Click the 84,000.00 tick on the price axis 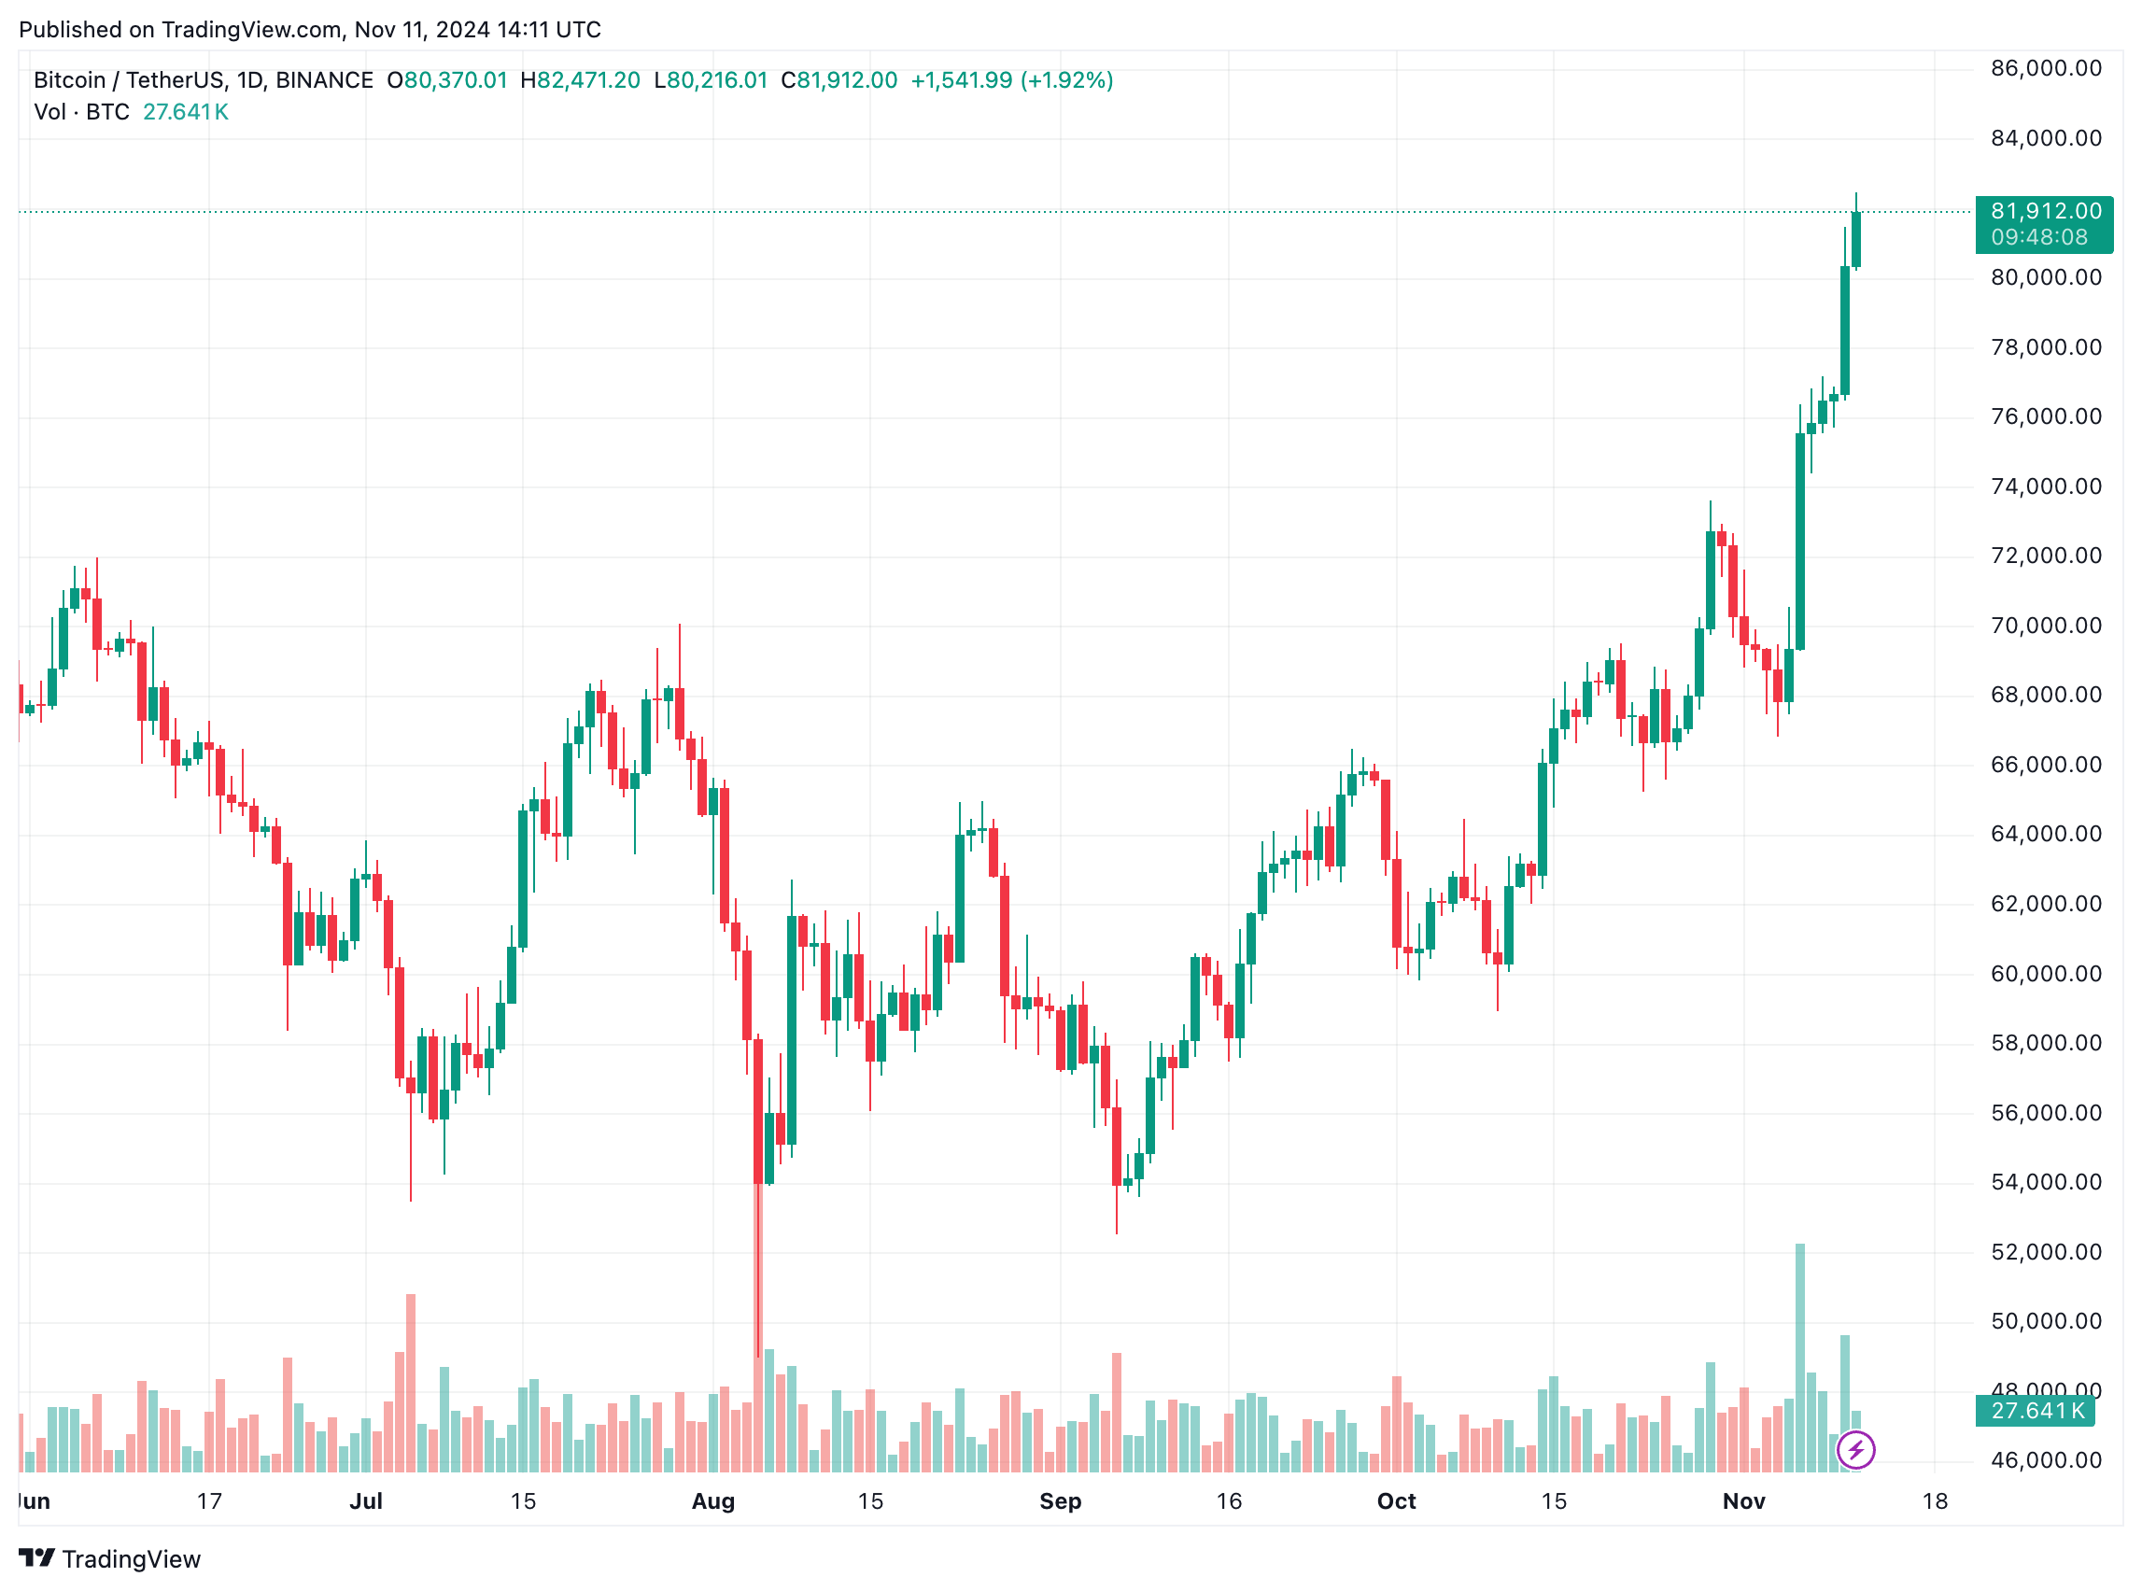pyautogui.click(x=2045, y=139)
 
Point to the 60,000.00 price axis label pyautogui.click(x=2045, y=974)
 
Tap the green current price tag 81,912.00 pyautogui.click(x=2044, y=212)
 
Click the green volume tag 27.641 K pyautogui.click(x=2036, y=1411)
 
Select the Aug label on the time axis pyautogui.click(x=712, y=1501)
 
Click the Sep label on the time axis pyautogui.click(x=1061, y=1501)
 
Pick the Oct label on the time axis pyautogui.click(x=1396, y=1501)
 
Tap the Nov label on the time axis pyautogui.click(x=1743, y=1501)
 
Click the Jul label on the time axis pyautogui.click(x=366, y=1501)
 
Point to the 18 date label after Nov pyautogui.click(x=1934, y=1501)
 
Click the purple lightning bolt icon pyautogui.click(x=1855, y=1450)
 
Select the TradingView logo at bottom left pyautogui.click(x=110, y=1559)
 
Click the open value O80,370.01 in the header pyautogui.click(x=447, y=80)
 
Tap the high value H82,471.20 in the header pyautogui.click(x=580, y=80)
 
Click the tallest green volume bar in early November pyautogui.click(x=1799, y=1358)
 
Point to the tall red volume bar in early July pyautogui.click(x=410, y=1382)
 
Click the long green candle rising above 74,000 pyautogui.click(x=1799, y=540)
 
